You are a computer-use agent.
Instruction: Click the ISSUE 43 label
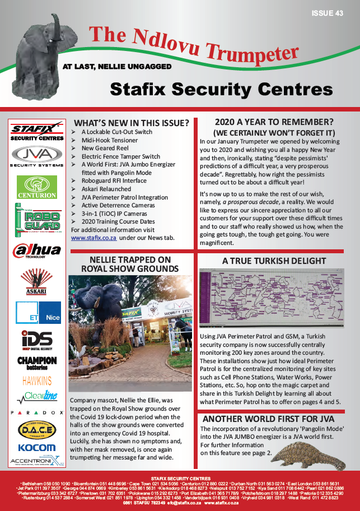click(328, 14)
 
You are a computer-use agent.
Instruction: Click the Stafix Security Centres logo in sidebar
click(37, 132)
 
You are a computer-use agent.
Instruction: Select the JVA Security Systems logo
click(37, 158)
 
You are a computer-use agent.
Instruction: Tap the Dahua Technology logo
click(37, 250)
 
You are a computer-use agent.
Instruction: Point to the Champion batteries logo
click(37, 363)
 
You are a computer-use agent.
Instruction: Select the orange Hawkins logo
click(37, 381)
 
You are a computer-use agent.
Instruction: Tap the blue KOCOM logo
click(37, 448)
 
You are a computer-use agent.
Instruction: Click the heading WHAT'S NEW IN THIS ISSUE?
click(132, 123)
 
